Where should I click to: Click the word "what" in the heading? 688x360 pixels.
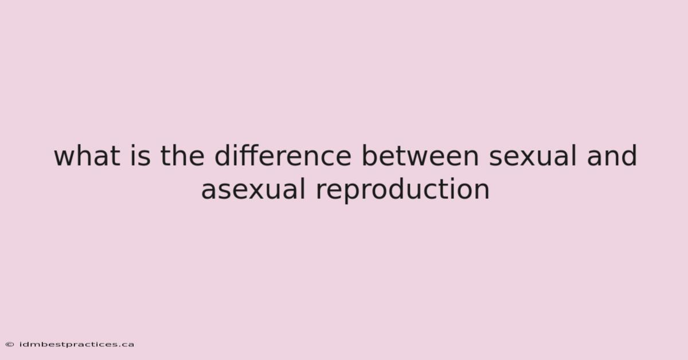(x=87, y=156)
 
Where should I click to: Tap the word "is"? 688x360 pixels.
(x=140, y=156)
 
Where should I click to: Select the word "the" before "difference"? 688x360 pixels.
(x=182, y=156)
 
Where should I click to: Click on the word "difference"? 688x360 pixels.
(x=283, y=156)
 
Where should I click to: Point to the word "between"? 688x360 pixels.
(x=420, y=156)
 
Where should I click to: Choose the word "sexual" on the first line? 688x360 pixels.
(x=533, y=156)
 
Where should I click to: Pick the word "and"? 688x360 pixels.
(x=612, y=156)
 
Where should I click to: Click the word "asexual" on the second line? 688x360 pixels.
(x=253, y=190)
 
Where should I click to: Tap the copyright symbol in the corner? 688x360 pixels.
(x=10, y=345)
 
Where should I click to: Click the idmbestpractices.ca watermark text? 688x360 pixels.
(x=77, y=345)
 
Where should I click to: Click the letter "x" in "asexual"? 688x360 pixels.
(x=257, y=191)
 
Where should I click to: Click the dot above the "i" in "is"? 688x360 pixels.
(x=132, y=146)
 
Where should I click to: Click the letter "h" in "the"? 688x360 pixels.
(x=178, y=156)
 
